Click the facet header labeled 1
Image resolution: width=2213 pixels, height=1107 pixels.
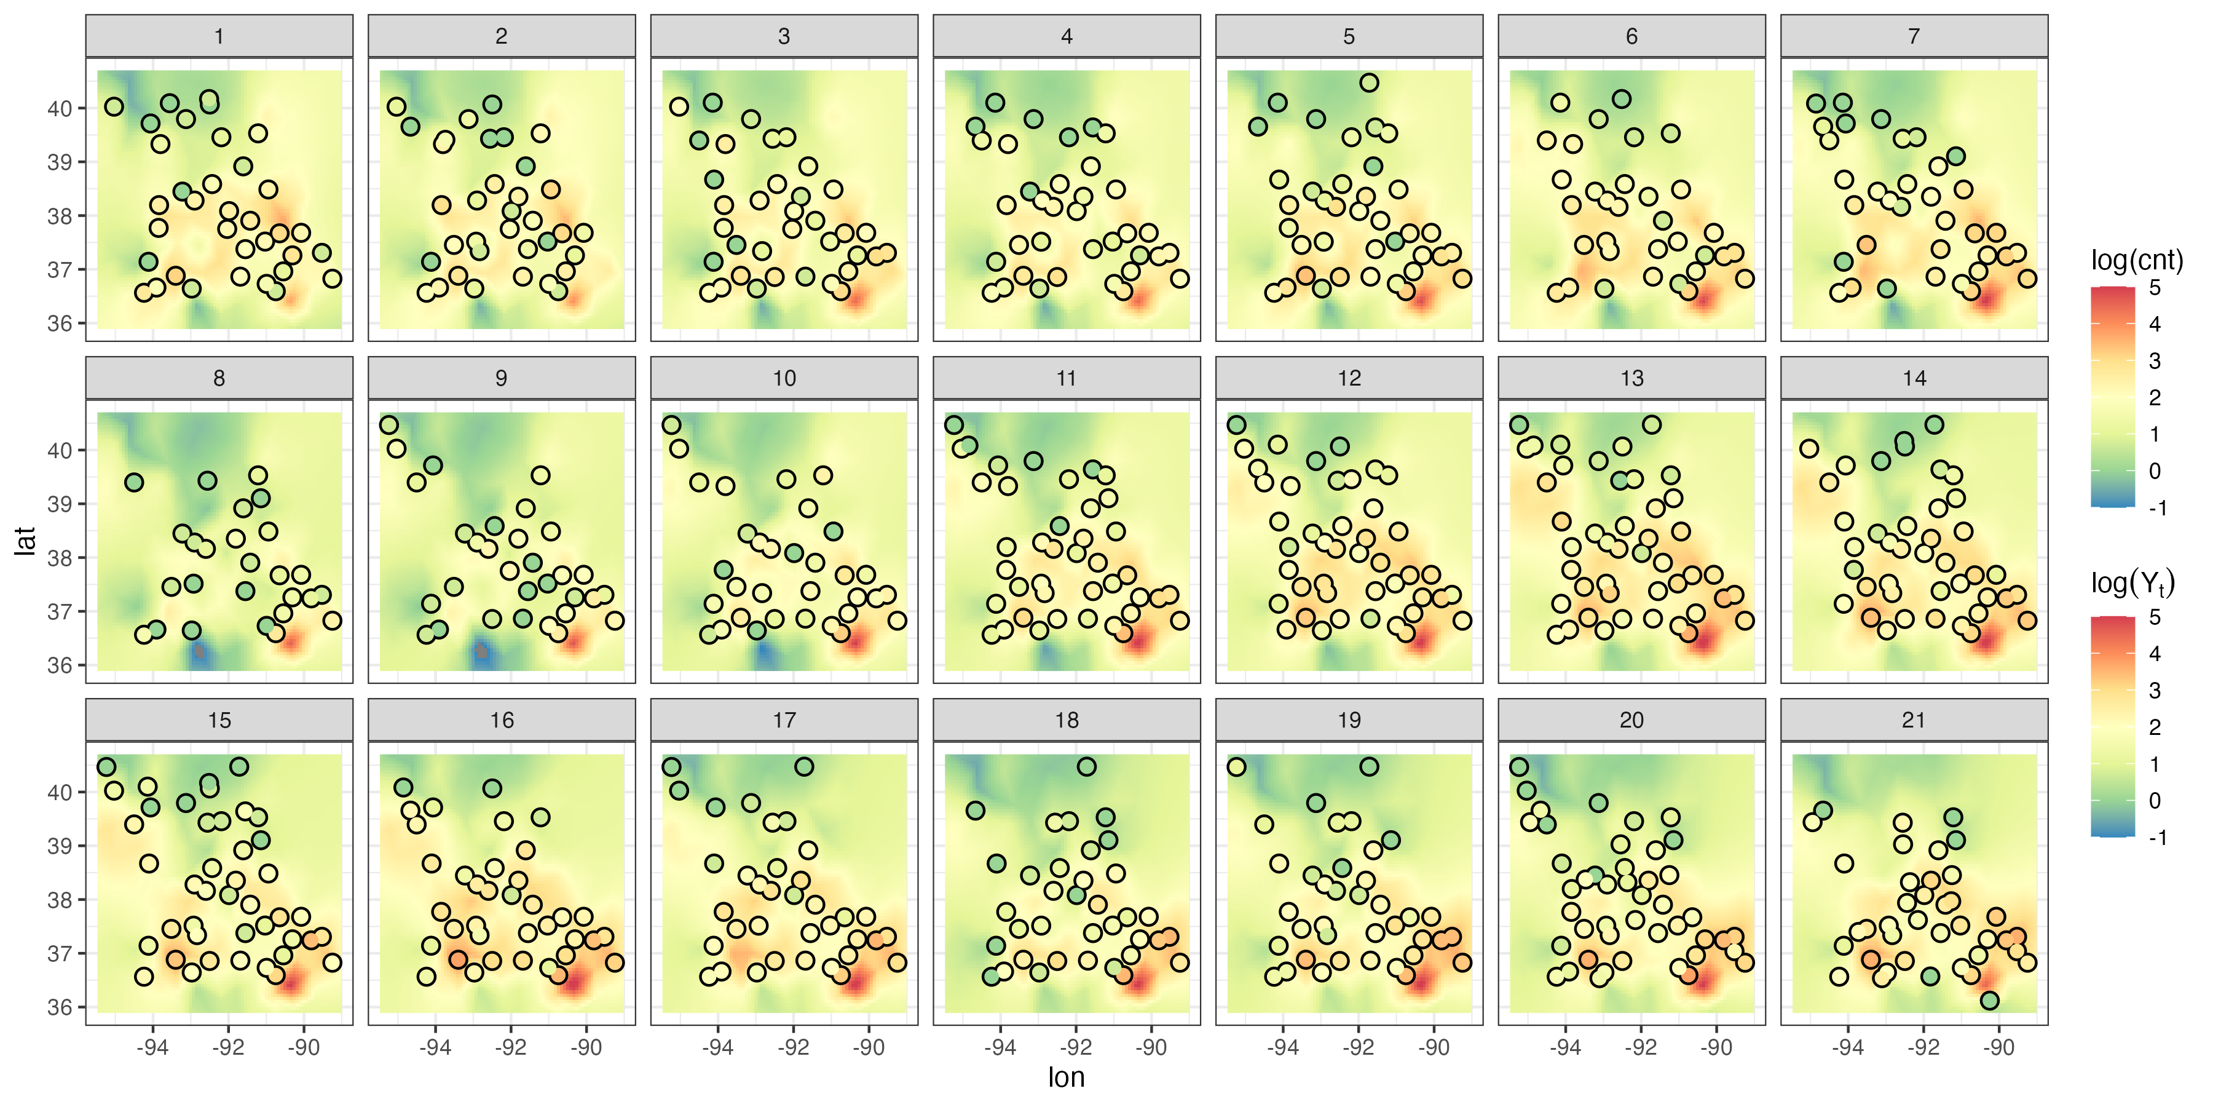coord(219,36)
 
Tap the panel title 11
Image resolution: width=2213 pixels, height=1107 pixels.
coord(1066,378)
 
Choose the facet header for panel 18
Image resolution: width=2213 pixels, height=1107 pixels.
coord(1066,720)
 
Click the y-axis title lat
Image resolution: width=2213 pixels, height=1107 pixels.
coord(26,541)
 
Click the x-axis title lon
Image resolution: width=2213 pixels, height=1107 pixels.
coord(1066,1077)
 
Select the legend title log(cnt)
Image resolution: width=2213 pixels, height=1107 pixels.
coord(2136,260)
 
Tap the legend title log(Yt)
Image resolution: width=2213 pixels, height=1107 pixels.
coord(2132,584)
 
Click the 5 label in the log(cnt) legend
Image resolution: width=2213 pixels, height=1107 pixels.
coord(2155,288)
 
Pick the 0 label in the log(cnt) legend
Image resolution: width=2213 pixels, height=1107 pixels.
coord(2155,471)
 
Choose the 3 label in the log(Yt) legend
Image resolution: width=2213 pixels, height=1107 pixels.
coord(2155,690)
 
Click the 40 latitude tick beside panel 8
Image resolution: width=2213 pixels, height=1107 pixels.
coord(59,450)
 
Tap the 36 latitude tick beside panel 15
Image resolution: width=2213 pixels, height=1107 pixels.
coord(59,1007)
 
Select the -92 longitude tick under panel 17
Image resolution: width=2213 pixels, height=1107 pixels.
coord(793,1048)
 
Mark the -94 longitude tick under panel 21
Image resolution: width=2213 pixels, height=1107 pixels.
coord(1848,1048)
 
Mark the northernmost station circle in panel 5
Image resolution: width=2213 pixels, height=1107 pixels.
coord(1370,82)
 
